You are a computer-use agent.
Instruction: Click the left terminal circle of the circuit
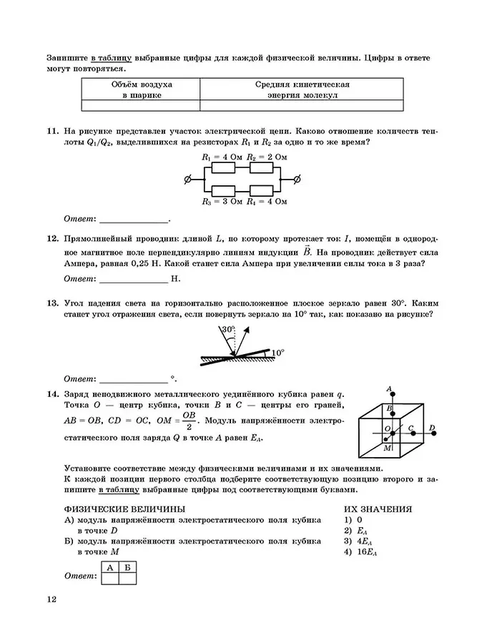[x=188, y=179]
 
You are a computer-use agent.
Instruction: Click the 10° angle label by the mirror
[x=277, y=352]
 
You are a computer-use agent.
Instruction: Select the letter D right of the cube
[x=432, y=428]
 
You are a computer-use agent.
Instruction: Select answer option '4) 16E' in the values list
[x=360, y=551]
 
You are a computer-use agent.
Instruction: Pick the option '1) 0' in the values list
[x=353, y=519]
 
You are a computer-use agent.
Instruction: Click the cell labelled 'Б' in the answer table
[x=127, y=567]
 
